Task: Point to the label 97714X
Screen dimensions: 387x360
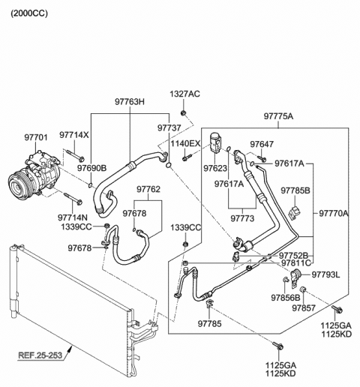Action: click(75, 135)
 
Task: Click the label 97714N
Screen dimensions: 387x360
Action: click(73, 217)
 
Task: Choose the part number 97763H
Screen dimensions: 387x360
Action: click(130, 101)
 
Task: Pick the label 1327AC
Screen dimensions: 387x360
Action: click(184, 94)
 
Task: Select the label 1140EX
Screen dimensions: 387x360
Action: click(184, 143)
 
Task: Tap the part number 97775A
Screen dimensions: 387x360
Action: click(278, 116)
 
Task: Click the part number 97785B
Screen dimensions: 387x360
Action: click(295, 190)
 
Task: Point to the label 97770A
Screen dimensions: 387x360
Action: click(333, 213)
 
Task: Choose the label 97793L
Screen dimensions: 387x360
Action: click(325, 274)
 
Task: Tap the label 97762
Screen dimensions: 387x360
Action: click(148, 190)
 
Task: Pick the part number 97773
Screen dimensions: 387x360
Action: click(243, 218)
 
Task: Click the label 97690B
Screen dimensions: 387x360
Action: click(91, 167)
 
